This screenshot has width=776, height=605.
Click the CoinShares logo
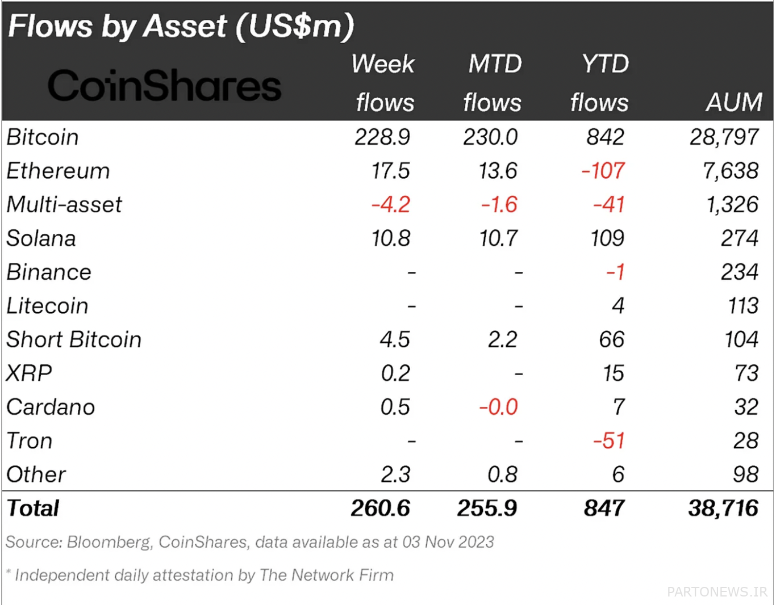pos(164,86)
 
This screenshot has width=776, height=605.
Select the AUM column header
pos(734,102)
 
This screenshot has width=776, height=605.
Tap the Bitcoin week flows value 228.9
pos(382,137)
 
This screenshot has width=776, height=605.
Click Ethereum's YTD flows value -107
pos(603,170)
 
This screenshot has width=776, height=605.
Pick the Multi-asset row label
pos(64,204)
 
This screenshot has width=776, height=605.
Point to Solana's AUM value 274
pos(740,238)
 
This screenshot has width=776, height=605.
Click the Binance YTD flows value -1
pos(616,272)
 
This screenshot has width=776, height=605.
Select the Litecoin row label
pos(47,306)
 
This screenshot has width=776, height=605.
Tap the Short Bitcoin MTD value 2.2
pos(502,339)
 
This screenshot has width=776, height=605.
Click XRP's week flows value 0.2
pos(395,373)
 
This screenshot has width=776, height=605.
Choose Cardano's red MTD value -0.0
pos(499,407)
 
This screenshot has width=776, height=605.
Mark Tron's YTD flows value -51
pos(609,440)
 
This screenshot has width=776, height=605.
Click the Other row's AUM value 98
pos(746,474)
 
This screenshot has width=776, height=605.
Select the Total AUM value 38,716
pos(724,508)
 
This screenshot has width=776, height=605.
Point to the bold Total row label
pos(33,508)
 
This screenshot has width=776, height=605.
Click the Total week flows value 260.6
pos(380,508)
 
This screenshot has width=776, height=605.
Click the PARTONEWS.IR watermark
pos(717,592)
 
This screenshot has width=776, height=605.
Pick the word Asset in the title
pos(185,26)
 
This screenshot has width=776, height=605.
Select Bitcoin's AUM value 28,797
pos(724,137)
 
